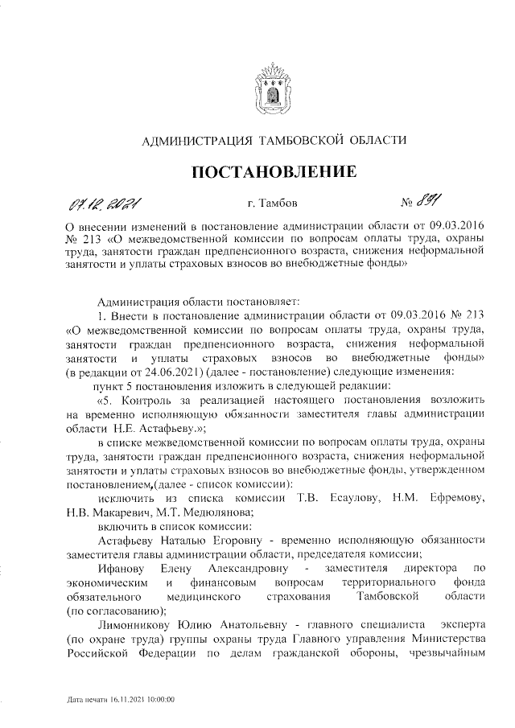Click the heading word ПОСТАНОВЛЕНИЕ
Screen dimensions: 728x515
click(x=273, y=171)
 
